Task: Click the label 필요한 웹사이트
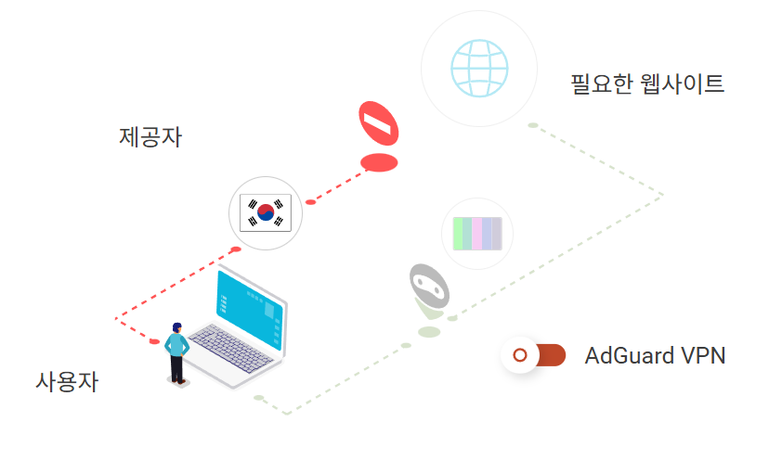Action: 647,84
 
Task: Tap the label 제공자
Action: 150,138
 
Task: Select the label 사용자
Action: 67,381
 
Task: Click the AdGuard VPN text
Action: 655,355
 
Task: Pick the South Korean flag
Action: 266,213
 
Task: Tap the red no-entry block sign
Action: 379,123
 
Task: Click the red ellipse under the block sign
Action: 379,163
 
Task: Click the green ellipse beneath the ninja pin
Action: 429,331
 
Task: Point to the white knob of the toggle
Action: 521,355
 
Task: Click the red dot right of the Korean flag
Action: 311,202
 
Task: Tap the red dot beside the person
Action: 154,342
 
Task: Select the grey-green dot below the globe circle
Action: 533,125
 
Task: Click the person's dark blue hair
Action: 176,327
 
